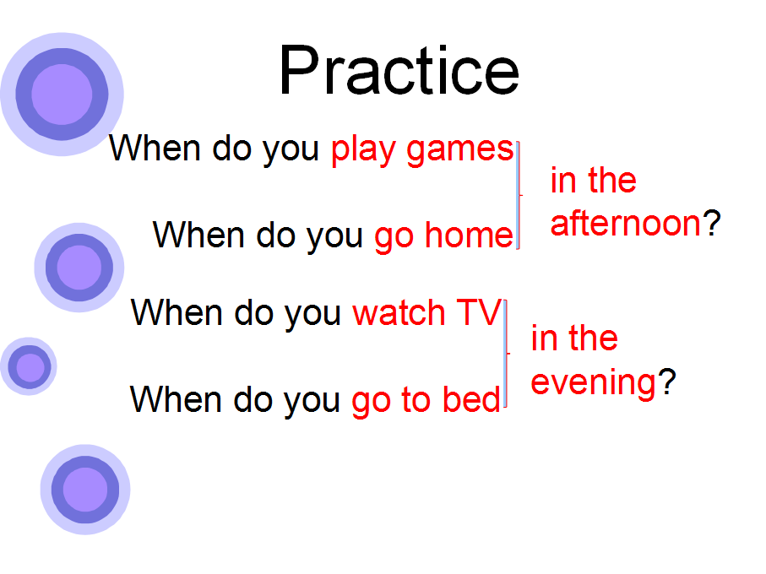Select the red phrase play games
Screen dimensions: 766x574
coord(422,150)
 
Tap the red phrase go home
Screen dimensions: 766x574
coord(443,236)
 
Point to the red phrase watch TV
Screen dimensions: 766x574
coord(427,312)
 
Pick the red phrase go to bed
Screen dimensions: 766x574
coord(426,400)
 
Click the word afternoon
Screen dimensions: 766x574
coord(626,224)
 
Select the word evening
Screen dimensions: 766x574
coord(593,383)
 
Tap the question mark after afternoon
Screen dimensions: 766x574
coord(711,224)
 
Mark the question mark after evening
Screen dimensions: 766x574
coord(666,382)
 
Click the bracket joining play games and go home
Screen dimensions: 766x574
coord(519,195)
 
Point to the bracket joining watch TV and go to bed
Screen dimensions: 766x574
coord(506,354)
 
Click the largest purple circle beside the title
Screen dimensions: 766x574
coord(62,95)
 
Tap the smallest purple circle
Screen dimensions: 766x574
coord(29,366)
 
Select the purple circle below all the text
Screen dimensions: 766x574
coord(85,489)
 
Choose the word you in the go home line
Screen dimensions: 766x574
coord(334,238)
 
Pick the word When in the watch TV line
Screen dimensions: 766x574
coord(177,312)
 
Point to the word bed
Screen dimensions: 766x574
coord(471,398)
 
